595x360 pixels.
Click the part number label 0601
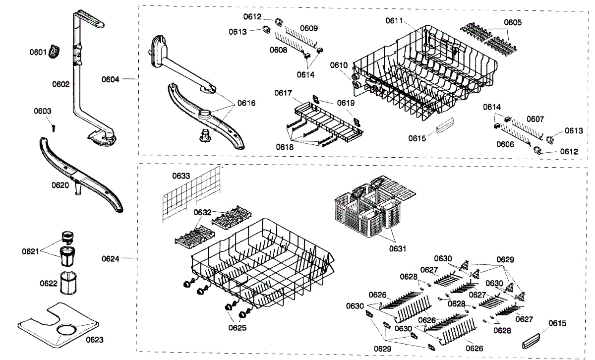[x=39, y=52]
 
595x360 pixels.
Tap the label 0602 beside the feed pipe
[x=61, y=84]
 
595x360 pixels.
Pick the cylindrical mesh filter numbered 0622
[x=68, y=284]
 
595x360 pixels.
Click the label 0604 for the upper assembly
[x=111, y=79]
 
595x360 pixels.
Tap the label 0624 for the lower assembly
[x=111, y=258]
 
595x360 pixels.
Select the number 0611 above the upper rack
[x=395, y=20]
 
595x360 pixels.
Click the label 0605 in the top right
[x=513, y=22]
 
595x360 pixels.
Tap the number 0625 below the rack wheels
[x=238, y=328]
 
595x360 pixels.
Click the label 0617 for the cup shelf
[x=284, y=93]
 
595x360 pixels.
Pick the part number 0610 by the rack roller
[x=339, y=65]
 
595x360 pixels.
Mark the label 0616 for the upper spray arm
[x=246, y=103]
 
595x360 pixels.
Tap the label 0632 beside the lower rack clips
[x=202, y=212]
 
